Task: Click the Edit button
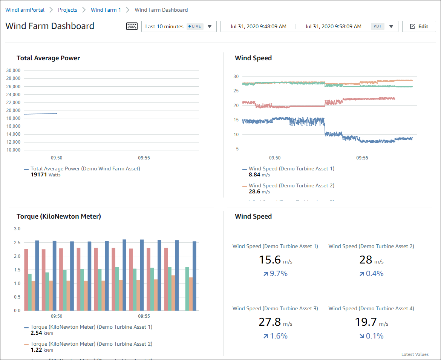click(419, 26)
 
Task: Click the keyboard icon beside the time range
click(132, 26)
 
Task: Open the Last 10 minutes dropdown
click(179, 26)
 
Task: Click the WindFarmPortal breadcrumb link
click(25, 10)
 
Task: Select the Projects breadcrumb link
click(67, 10)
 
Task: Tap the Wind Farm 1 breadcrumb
click(106, 10)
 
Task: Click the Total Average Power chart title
click(48, 58)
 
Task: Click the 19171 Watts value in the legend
click(45, 175)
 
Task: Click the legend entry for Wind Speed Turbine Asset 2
click(291, 185)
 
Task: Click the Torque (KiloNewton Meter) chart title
click(59, 216)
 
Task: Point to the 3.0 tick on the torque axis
click(17, 229)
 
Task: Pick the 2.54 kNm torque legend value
click(42, 333)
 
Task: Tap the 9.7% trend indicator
click(275, 274)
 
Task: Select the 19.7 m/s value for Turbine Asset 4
click(371, 322)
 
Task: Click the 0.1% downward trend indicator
click(371, 336)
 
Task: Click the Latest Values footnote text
click(415, 354)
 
